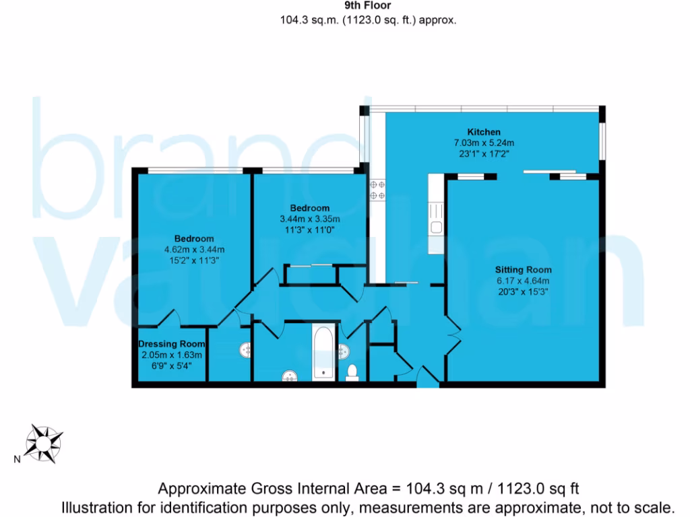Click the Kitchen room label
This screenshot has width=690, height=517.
click(484, 132)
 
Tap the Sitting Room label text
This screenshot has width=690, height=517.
click(523, 270)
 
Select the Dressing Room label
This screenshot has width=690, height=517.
click(170, 344)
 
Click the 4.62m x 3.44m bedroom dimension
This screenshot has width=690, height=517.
click(194, 249)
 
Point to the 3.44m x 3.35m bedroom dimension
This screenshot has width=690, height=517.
click(310, 219)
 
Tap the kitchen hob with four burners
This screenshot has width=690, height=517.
click(377, 189)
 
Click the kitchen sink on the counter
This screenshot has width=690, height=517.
click(436, 227)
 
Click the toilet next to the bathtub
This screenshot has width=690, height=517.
click(352, 372)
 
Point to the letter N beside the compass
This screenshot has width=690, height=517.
click(15, 460)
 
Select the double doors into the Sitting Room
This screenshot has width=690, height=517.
click(452, 332)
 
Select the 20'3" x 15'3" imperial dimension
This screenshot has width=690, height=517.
click(523, 291)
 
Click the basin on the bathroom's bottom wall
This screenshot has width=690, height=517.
click(290, 375)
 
